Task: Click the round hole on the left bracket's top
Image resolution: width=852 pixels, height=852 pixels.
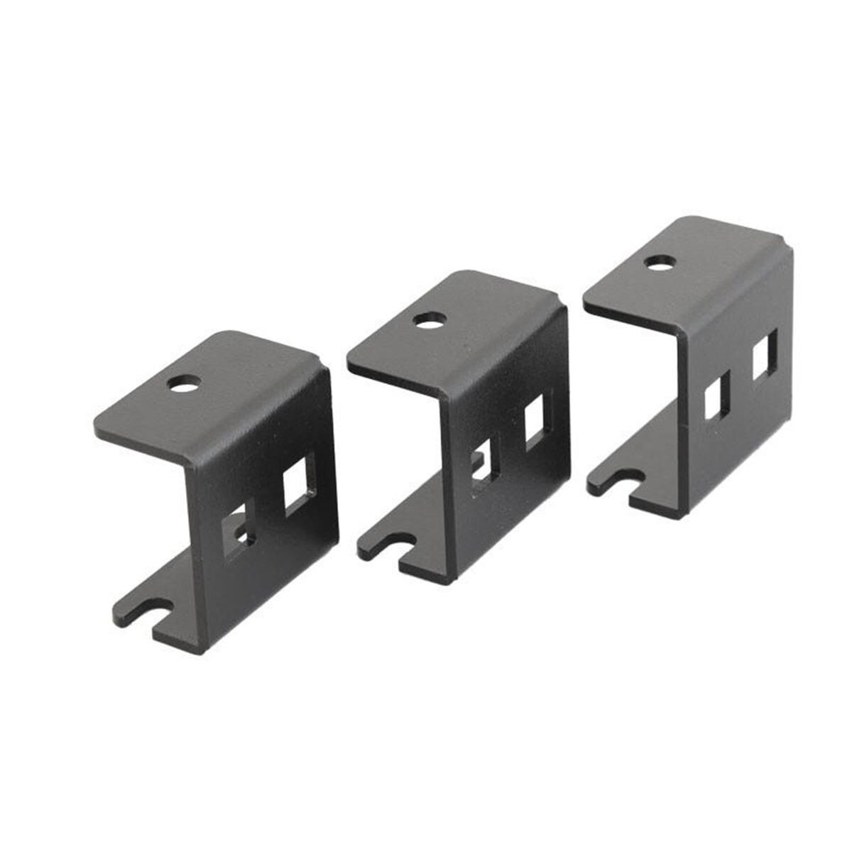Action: tap(184, 385)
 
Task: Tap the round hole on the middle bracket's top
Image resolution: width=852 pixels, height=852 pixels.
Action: tap(427, 322)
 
